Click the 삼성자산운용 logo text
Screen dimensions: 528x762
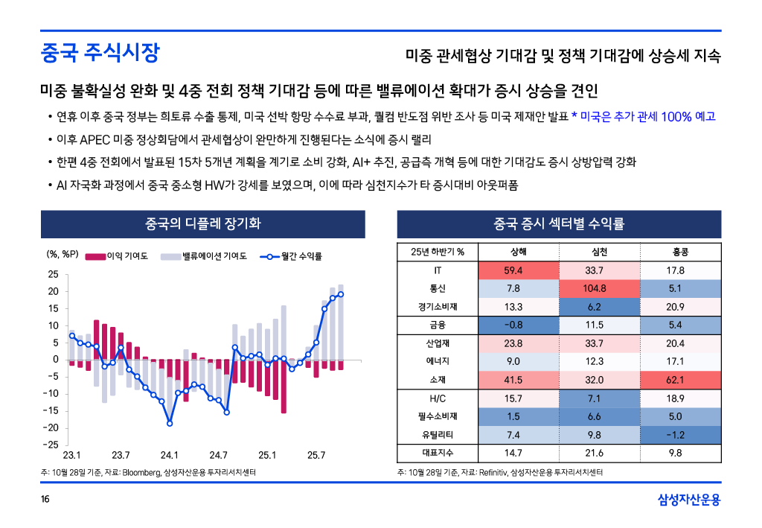click(689, 499)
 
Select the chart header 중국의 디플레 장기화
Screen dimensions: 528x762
click(202, 223)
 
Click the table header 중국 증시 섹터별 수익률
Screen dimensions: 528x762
click(559, 223)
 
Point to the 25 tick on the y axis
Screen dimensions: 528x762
click(53, 274)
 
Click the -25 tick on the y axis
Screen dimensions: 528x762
click(51, 445)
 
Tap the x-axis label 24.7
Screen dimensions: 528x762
click(218, 455)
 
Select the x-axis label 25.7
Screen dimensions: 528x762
click(316, 455)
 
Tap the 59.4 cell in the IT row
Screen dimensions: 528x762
click(513, 270)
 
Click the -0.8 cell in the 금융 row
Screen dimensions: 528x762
click(513, 325)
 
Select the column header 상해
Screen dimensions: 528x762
click(513, 251)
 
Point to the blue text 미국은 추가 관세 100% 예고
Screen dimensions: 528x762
click(647, 117)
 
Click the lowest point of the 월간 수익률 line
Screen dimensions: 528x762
click(170, 423)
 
